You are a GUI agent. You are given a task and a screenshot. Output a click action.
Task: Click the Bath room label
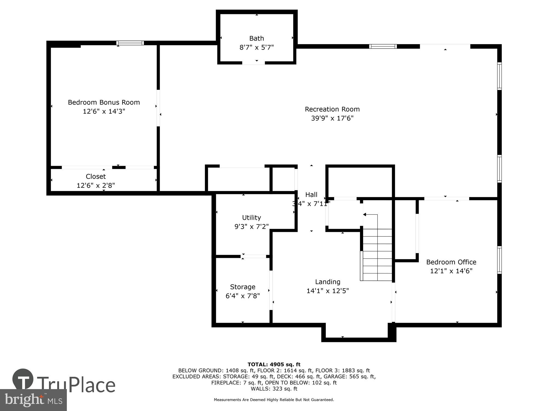click(256, 38)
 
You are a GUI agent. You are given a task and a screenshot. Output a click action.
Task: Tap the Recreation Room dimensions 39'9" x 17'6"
click(332, 118)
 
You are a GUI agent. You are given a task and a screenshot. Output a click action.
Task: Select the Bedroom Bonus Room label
click(104, 102)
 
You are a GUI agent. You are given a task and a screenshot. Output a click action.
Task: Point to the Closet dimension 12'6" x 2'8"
click(96, 185)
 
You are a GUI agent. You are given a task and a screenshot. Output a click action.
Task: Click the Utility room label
click(251, 218)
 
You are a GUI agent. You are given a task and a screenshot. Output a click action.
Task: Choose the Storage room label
click(242, 287)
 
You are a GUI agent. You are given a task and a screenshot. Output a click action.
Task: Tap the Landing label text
click(327, 282)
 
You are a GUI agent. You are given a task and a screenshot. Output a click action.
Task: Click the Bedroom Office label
click(451, 262)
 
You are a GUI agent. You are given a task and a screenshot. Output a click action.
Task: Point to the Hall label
click(311, 195)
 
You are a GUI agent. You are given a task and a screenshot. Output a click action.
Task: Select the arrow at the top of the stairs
click(365, 215)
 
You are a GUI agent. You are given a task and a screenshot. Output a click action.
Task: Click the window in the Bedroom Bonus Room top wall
click(130, 43)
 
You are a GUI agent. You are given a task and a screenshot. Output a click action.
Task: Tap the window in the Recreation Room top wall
click(383, 46)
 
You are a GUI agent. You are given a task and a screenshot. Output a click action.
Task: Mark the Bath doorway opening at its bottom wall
click(253, 63)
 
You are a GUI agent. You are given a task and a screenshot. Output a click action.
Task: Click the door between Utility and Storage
click(255, 256)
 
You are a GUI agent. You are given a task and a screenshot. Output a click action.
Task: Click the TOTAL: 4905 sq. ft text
click(274, 364)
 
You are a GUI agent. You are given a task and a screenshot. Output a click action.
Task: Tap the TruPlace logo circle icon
click(23, 379)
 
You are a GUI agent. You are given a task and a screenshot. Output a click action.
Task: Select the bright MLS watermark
click(33, 400)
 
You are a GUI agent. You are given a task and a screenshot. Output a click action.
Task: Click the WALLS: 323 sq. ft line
click(274, 389)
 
